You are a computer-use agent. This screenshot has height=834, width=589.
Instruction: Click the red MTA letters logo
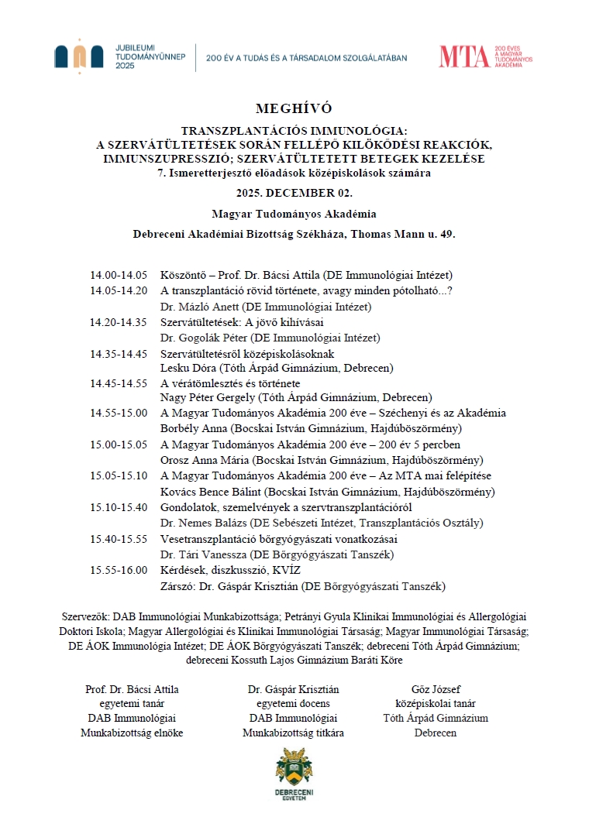[x=463, y=56]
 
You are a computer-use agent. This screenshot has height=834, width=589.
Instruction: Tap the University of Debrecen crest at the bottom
[x=294, y=767]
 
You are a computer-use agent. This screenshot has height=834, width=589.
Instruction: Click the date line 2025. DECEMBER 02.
[x=294, y=192]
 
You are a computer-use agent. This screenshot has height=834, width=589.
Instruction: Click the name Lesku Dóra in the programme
[x=185, y=368]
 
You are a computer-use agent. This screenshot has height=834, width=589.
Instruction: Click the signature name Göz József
[x=440, y=689]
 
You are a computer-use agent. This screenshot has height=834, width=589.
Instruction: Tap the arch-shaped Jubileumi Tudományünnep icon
[x=79, y=54]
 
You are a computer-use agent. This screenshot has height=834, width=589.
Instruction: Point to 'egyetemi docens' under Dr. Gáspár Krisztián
[x=294, y=704]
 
